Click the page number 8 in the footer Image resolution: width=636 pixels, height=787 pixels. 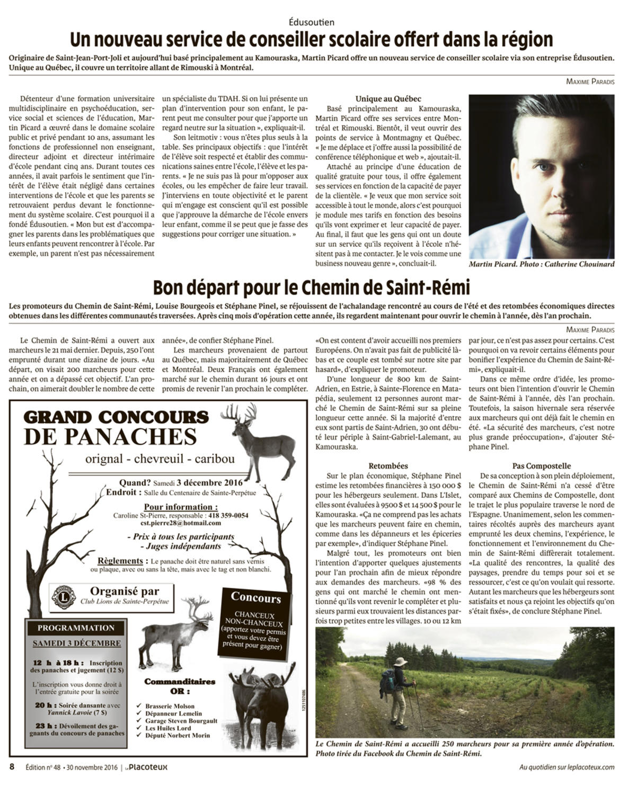tap(12, 767)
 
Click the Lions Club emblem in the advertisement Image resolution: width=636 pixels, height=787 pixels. tap(64, 597)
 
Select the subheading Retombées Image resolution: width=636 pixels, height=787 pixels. tap(388, 466)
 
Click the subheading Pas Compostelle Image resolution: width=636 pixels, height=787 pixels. tap(541, 466)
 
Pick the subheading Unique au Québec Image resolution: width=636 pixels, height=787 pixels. tap(388, 99)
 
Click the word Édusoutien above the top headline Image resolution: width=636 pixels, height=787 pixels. tap(312, 22)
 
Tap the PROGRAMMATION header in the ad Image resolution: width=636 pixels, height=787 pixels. tap(76, 628)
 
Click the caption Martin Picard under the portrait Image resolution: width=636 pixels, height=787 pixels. tap(491, 264)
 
